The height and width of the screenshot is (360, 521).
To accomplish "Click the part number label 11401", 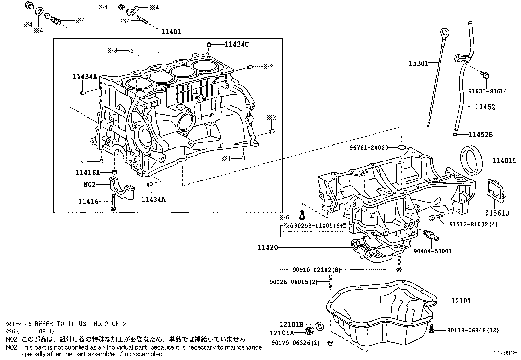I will [x=171, y=32].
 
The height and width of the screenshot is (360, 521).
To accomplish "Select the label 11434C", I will [x=236, y=44].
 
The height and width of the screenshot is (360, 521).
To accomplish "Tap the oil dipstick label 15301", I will [x=418, y=63].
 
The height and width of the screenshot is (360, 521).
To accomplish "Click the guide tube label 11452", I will [x=485, y=107].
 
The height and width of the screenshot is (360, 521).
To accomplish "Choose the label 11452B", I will [x=480, y=134].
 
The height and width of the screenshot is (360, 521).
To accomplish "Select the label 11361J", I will [x=497, y=213].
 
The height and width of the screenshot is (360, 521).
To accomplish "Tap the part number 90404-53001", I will [x=432, y=251].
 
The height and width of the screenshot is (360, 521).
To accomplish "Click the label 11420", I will [x=267, y=247].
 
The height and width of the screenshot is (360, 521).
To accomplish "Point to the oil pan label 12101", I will [x=461, y=301].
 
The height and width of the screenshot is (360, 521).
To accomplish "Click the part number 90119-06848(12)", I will [x=473, y=330].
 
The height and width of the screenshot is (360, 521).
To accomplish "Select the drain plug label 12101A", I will [x=282, y=333].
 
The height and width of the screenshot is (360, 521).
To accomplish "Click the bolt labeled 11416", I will [x=113, y=202].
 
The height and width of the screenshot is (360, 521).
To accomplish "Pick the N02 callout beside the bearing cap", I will [x=89, y=185].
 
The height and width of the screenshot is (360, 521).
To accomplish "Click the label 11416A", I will [x=88, y=172].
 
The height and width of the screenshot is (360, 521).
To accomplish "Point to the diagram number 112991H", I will [x=506, y=353].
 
